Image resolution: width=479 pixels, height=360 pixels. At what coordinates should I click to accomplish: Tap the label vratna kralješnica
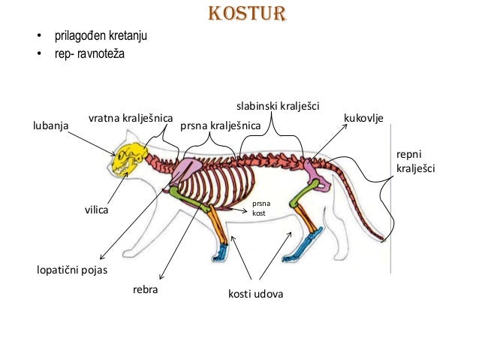point(131,119)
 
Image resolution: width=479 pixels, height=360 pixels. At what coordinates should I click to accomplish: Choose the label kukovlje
point(363,119)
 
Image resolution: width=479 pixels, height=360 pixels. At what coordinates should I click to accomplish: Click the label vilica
point(96,211)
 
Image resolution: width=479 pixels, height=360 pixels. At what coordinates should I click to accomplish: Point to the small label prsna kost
point(260,208)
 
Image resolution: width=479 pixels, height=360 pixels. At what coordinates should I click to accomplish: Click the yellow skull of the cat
point(127,156)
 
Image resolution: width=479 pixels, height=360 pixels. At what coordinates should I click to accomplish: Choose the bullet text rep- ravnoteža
point(88,55)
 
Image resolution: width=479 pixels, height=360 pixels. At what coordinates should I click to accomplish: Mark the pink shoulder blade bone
point(182,174)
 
